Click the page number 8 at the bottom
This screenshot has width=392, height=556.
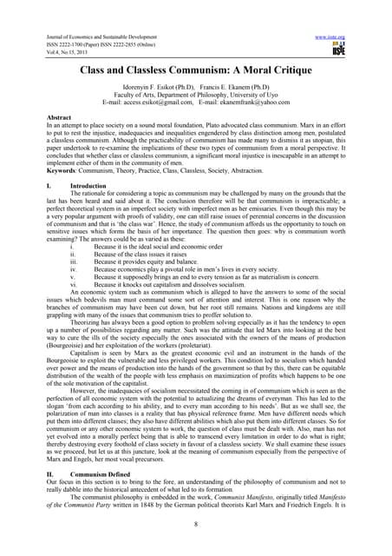(196, 524)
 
